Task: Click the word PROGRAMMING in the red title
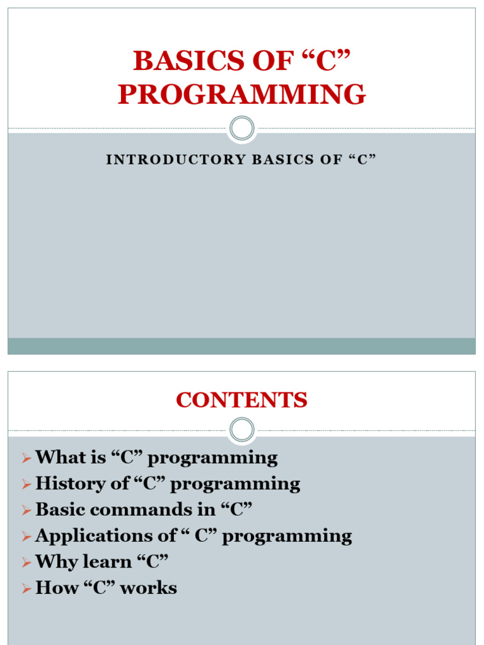tap(242, 94)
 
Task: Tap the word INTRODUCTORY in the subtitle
tap(175, 159)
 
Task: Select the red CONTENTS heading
tap(242, 400)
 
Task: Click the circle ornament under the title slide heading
tap(242, 128)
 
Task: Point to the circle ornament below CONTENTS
tap(242, 430)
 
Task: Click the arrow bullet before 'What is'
tap(26, 458)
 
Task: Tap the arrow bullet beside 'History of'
tap(26, 484)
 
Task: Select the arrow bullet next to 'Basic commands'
tap(26, 510)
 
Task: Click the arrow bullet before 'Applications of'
tap(26, 537)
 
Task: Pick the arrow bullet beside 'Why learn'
tap(26, 562)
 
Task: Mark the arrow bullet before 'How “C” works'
tap(26, 589)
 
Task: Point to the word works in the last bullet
tap(149, 588)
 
